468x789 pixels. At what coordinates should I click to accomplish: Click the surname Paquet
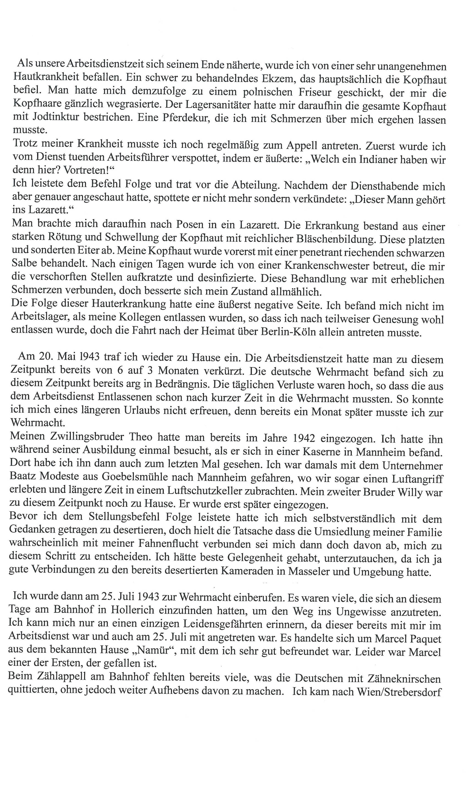tap(424, 639)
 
